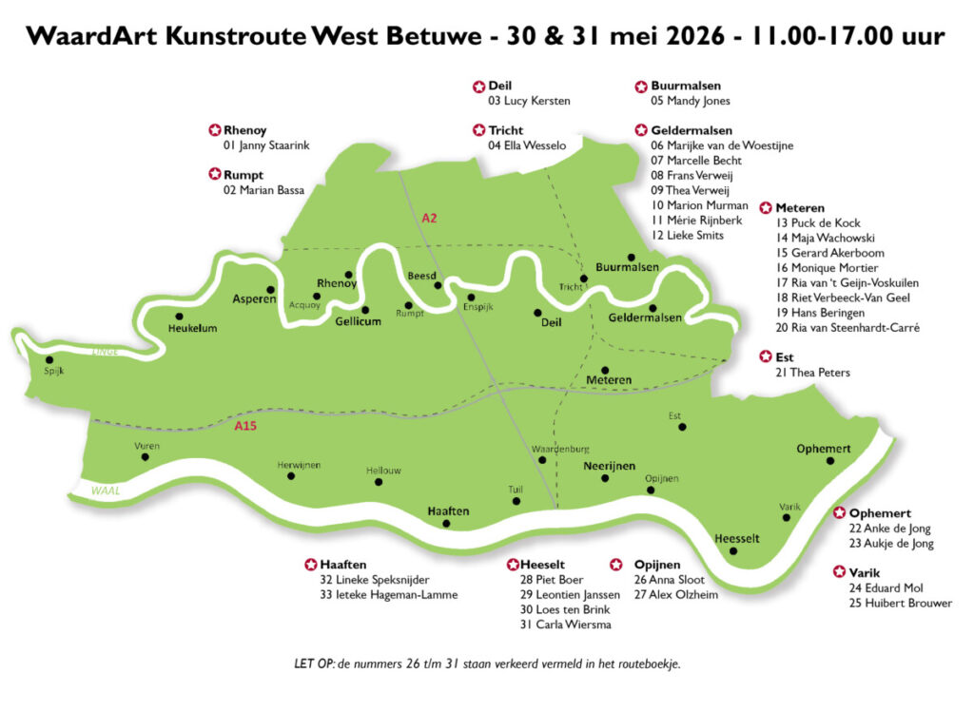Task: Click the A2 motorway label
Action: pos(429,218)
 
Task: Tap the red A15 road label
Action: pos(245,426)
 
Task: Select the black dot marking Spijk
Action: pos(49,359)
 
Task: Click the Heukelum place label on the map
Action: pos(192,329)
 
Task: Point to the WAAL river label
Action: pos(104,491)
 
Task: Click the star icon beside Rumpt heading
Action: pos(214,175)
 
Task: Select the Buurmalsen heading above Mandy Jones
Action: pos(686,86)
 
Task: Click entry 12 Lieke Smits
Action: pos(688,235)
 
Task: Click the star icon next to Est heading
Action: pos(766,356)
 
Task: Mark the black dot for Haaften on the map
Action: pos(447,524)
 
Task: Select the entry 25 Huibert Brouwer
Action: pos(900,603)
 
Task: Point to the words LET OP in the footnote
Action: pos(315,664)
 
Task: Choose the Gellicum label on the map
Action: pos(358,322)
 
